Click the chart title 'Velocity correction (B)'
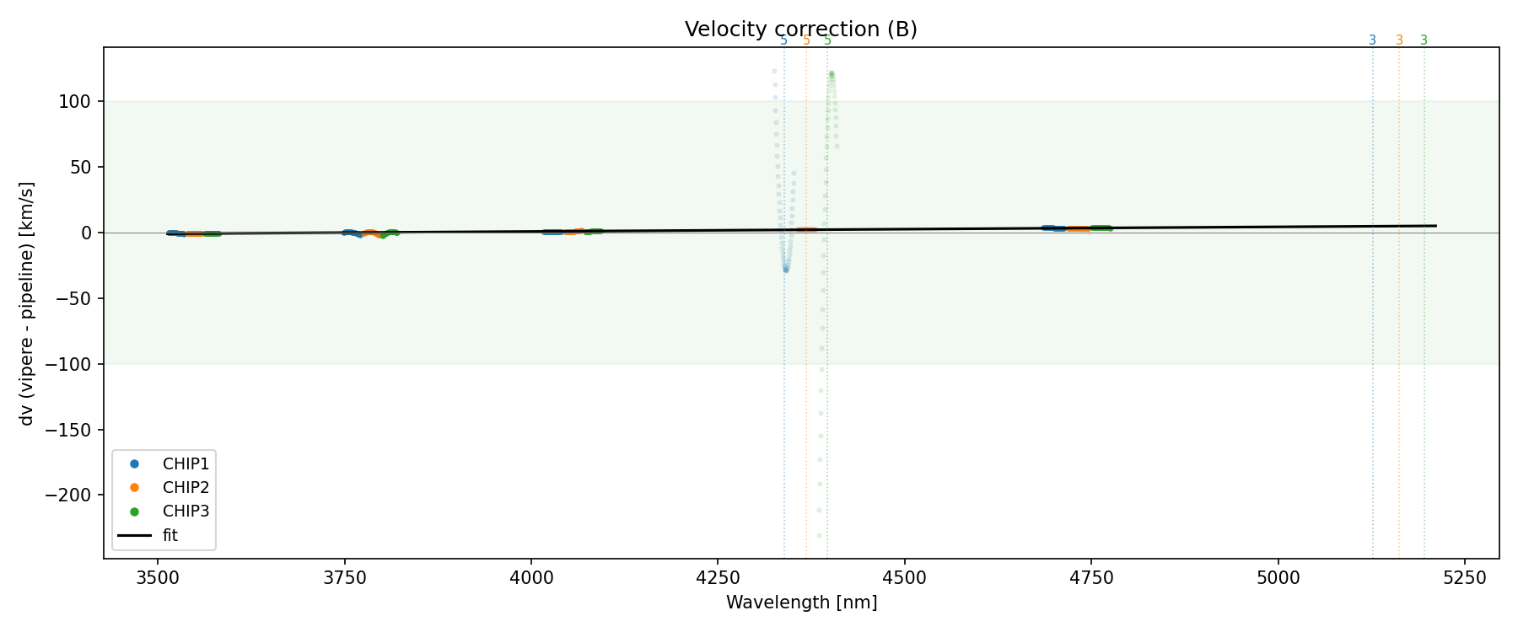tap(800, 29)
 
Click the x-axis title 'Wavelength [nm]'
tap(801, 603)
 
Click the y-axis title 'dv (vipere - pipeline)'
tap(27, 303)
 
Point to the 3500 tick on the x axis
tap(158, 577)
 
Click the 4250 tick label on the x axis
tap(718, 577)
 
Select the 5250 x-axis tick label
tap(1464, 577)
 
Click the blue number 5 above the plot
tap(783, 40)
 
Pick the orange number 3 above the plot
tap(1399, 40)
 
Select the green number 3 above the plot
tap(1424, 40)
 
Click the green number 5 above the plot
tap(828, 40)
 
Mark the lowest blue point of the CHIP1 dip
tap(786, 270)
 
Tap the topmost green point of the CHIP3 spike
tap(832, 73)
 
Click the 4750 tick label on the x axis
tap(1091, 577)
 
